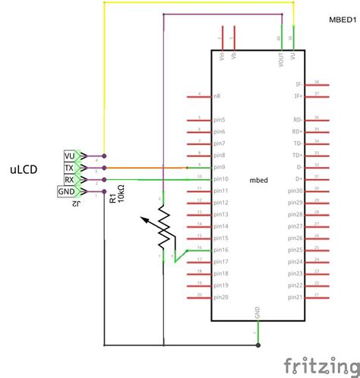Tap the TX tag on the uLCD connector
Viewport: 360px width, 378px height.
[x=70, y=167]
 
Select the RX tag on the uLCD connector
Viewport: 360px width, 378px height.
[x=70, y=179]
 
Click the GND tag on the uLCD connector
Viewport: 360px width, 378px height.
[x=67, y=191]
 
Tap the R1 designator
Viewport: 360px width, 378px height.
[x=112, y=198]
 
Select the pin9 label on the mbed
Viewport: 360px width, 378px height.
[x=220, y=166]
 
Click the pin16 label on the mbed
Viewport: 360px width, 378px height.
[x=222, y=250]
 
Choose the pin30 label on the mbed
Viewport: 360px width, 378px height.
[x=295, y=191]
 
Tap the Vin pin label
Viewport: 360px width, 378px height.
[x=222, y=57]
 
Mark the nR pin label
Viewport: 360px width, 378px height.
[x=217, y=96]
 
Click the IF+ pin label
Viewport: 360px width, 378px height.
[x=298, y=96]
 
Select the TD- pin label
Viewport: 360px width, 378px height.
[x=298, y=143]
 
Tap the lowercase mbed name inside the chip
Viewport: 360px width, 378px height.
[x=259, y=180]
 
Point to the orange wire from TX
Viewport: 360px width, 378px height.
[x=144, y=167]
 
